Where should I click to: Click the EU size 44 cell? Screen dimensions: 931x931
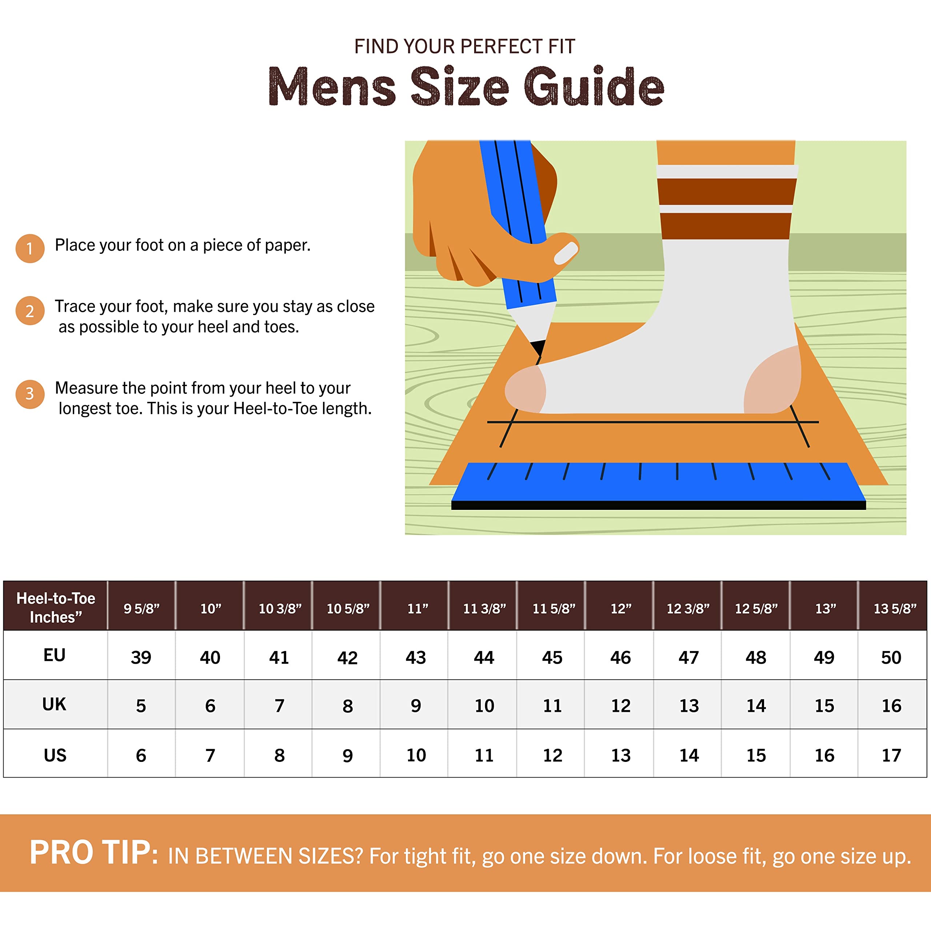(483, 657)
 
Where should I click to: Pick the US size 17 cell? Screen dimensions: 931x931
(891, 755)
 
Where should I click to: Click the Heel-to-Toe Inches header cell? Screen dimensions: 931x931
(55, 607)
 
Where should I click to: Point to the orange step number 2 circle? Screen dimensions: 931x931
(30, 311)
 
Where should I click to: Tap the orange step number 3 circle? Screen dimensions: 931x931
(30, 394)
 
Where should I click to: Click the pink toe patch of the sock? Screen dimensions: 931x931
(525, 389)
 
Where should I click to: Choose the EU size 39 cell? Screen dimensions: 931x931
(141, 657)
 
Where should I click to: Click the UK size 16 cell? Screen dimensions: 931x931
(891, 706)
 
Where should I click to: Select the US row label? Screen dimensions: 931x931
(55, 755)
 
